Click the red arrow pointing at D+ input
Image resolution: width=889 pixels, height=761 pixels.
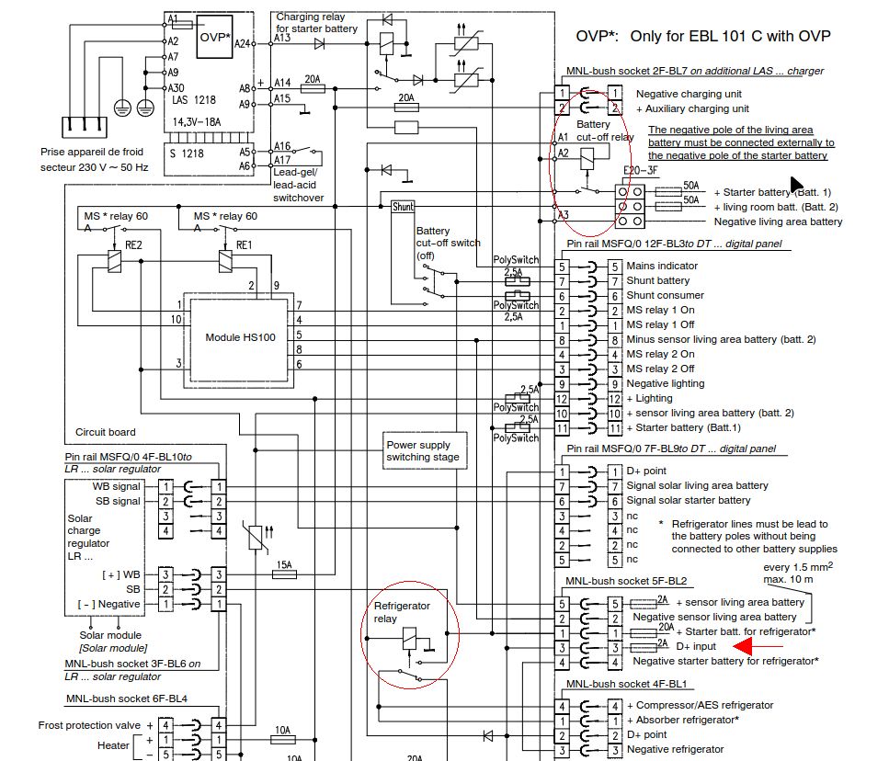(x=758, y=646)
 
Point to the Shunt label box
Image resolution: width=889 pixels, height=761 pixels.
(x=403, y=207)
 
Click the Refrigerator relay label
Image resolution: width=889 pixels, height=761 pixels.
(x=402, y=612)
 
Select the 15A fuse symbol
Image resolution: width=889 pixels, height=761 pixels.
(x=285, y=574)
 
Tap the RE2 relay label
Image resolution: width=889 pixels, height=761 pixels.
(x=133, y=245)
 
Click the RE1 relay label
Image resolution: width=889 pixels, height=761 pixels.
(x=244, y=245)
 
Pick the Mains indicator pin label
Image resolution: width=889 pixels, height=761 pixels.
(x=662, y=266)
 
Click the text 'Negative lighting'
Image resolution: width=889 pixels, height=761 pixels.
(x=665, y=383)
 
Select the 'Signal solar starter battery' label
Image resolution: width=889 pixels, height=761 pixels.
(x=689, y=500)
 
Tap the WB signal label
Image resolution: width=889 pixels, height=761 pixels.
(x=116, y=487)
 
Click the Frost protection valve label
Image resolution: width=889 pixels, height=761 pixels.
(x=89, y=725)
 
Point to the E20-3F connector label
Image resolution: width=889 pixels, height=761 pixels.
(x=640, y=171)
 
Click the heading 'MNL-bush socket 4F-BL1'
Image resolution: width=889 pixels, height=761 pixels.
(x=626, y=684)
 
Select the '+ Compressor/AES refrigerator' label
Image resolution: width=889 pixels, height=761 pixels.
(x=700, y=705)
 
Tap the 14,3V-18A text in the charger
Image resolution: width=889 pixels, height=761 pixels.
(x=197, y=122)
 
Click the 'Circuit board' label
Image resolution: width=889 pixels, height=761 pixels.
(x=106, y=432)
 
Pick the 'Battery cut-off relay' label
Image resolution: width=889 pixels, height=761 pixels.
(x=604, y=131)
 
